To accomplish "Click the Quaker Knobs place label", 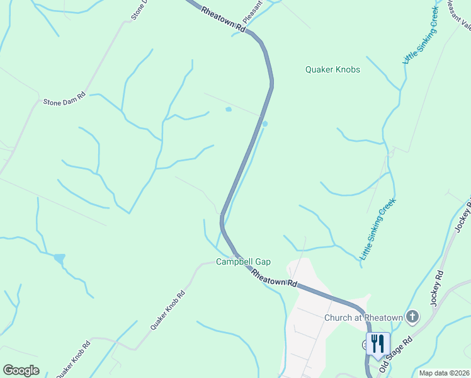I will coord(332,69).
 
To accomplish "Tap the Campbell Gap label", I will coord(243,261).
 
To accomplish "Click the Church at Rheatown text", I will coord(363,318).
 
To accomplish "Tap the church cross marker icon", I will coord(412,317).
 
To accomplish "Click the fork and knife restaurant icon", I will coord(377,343).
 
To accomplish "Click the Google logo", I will coord(21,370).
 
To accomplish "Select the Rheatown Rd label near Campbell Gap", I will coord(274,278).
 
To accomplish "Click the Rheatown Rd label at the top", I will coord(222,20).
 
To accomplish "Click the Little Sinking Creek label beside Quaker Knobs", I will coord(420,37).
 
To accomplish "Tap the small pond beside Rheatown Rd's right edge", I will coord(265,123).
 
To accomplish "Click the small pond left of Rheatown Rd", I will coord(228,110).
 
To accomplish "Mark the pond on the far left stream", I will coord(59,258).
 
